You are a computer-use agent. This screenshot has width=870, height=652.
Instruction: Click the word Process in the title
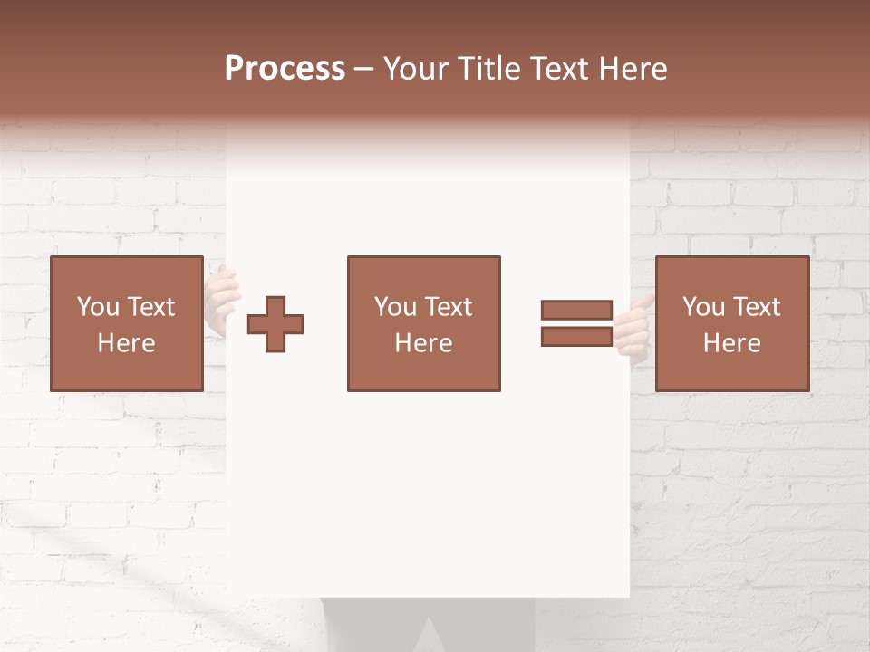(285, 69)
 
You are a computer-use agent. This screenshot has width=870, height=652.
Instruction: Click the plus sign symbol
(275, 324)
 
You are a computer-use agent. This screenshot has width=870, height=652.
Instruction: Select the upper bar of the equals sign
(576, 310)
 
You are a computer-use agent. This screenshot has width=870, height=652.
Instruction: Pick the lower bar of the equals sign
(576, 336)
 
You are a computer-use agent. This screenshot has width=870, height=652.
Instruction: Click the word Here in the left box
(126, 343)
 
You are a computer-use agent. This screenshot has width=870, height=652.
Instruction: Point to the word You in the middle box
(395, 307)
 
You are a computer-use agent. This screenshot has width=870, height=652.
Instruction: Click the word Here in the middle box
(423, 343)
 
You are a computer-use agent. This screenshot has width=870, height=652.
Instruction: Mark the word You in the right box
(703, 307)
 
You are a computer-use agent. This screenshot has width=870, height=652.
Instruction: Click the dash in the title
(364, 69)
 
